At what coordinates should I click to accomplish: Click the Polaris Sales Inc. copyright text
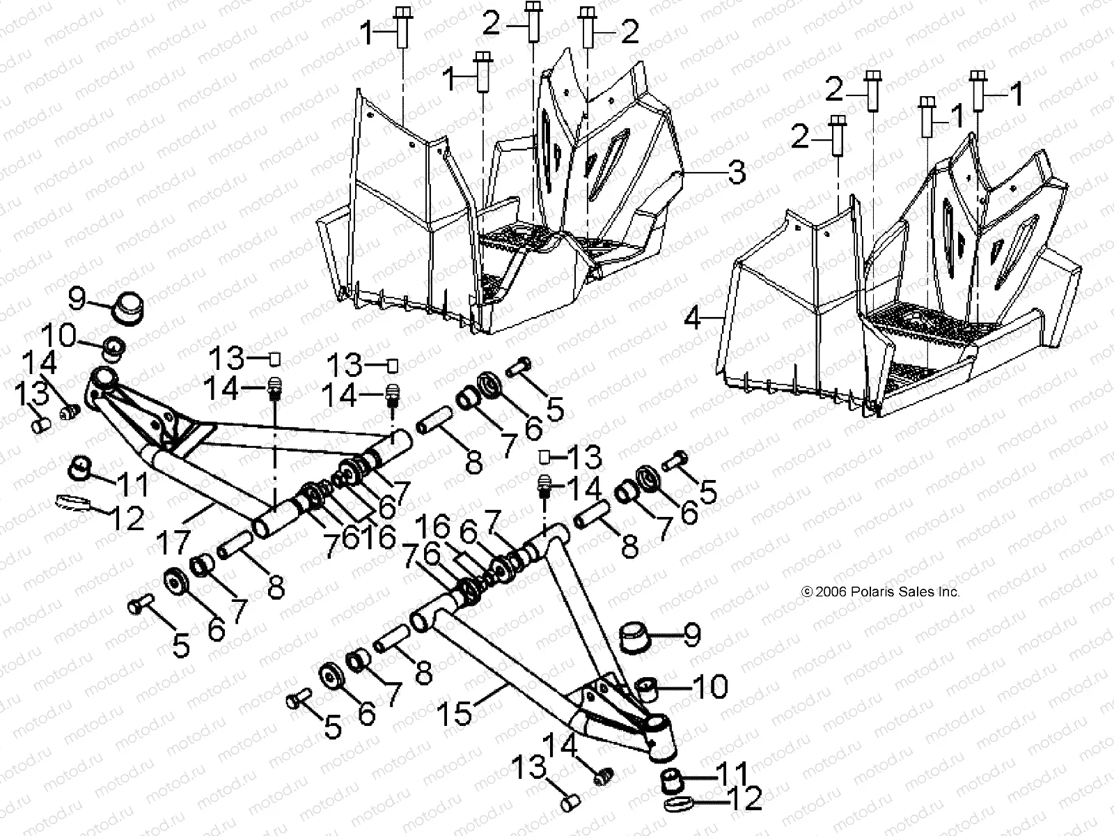click(x=881, y=591)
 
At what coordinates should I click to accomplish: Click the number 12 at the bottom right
click(x=744, y=799)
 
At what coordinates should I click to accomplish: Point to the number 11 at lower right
click(x=732, y=774)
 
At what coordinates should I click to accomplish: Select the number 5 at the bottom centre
click(x=334, y=727)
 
